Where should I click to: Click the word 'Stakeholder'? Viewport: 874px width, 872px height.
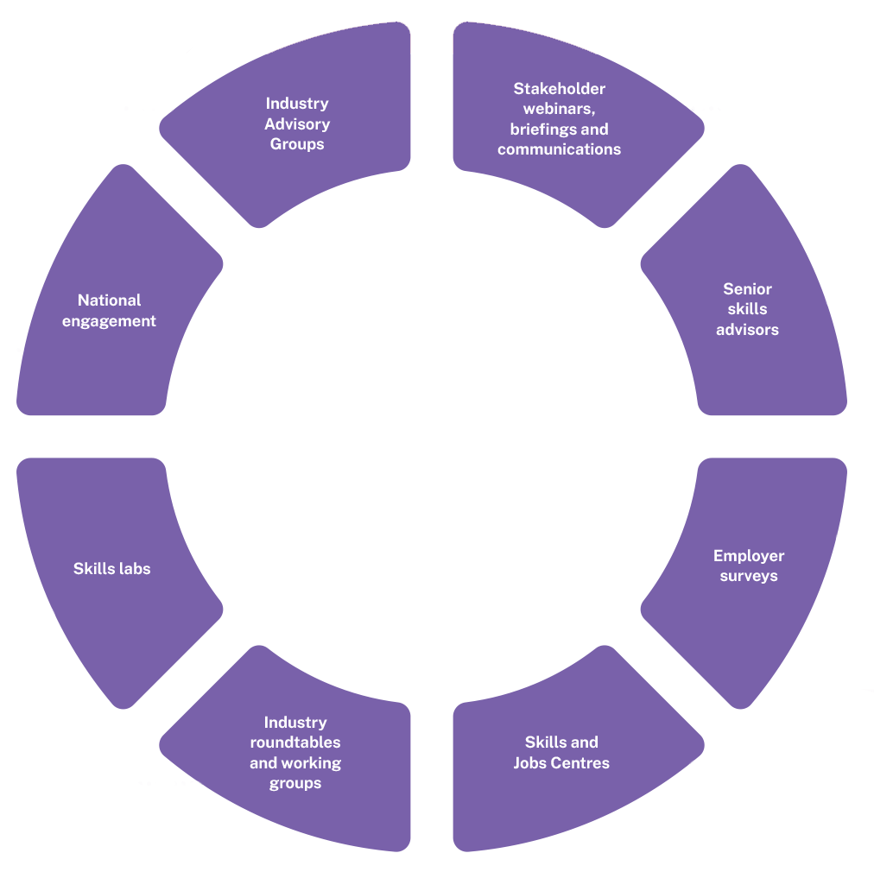pyautogui.click(x=560, y=89)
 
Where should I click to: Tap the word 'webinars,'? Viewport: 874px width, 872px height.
pyautogui.click(x=560, y=110)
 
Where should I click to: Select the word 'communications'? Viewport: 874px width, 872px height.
pyautogui.click(x=559, y=149)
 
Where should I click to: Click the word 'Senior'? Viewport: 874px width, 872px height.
pyautogui.click(x=748, y=289)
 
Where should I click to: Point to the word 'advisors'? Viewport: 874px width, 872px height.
pyautogui.click(x=748, y=329)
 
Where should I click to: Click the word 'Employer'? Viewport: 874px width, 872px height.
pyautogui.click(x=749, y=556)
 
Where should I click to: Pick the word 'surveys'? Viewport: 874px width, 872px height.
pyautogui.click(x=749, y=576)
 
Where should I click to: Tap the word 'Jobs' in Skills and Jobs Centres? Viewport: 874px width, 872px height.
pyautogui.click(x=533, y=763)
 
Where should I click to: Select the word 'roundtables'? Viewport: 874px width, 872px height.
pyautogui.click(x=295, y=742)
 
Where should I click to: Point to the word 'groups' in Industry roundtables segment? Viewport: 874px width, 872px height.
pyautogui.click(x=295, y=783)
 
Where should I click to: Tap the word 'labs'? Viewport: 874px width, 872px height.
pyautogui.click(x=133, y=569)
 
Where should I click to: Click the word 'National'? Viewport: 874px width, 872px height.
pyautogui.click(x=110, y=300)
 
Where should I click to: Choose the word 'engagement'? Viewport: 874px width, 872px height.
pyautogui.click(x=110, y=321)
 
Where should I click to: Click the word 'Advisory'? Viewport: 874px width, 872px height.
pyautogui.click(x=297, y=124)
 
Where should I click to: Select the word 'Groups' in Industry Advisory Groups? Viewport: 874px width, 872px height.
pyautogui.click(x=297, y=144)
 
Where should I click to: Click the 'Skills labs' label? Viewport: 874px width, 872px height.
pyautogui.click(x=112, y=569)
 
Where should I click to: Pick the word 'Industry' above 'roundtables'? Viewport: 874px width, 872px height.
pyautogui.click(x=295, y=723)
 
